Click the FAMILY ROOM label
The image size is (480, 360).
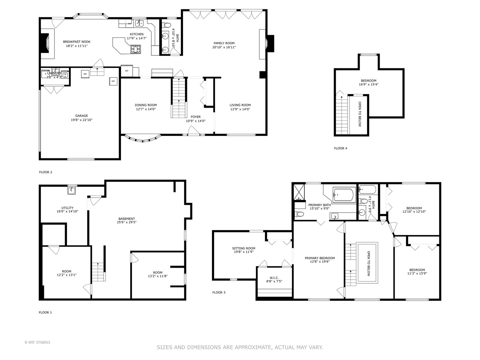coord(224,43)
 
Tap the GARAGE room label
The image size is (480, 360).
coord(82,116)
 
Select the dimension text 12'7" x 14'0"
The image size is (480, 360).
coord(146,109)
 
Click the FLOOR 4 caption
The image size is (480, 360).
coord(340,148)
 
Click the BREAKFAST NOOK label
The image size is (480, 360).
coord(77,42)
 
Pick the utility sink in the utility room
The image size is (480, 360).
coord(72,190)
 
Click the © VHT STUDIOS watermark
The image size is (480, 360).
coord(37,342)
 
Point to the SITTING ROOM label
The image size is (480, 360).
coord(244,248)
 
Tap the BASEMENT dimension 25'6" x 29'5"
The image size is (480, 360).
coord(127,223)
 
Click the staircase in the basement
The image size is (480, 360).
coord(98,272)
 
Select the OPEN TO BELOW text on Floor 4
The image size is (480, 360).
coord(360,114)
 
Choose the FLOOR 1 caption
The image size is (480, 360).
coord(45,313)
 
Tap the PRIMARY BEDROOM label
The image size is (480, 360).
coord(320,258)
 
